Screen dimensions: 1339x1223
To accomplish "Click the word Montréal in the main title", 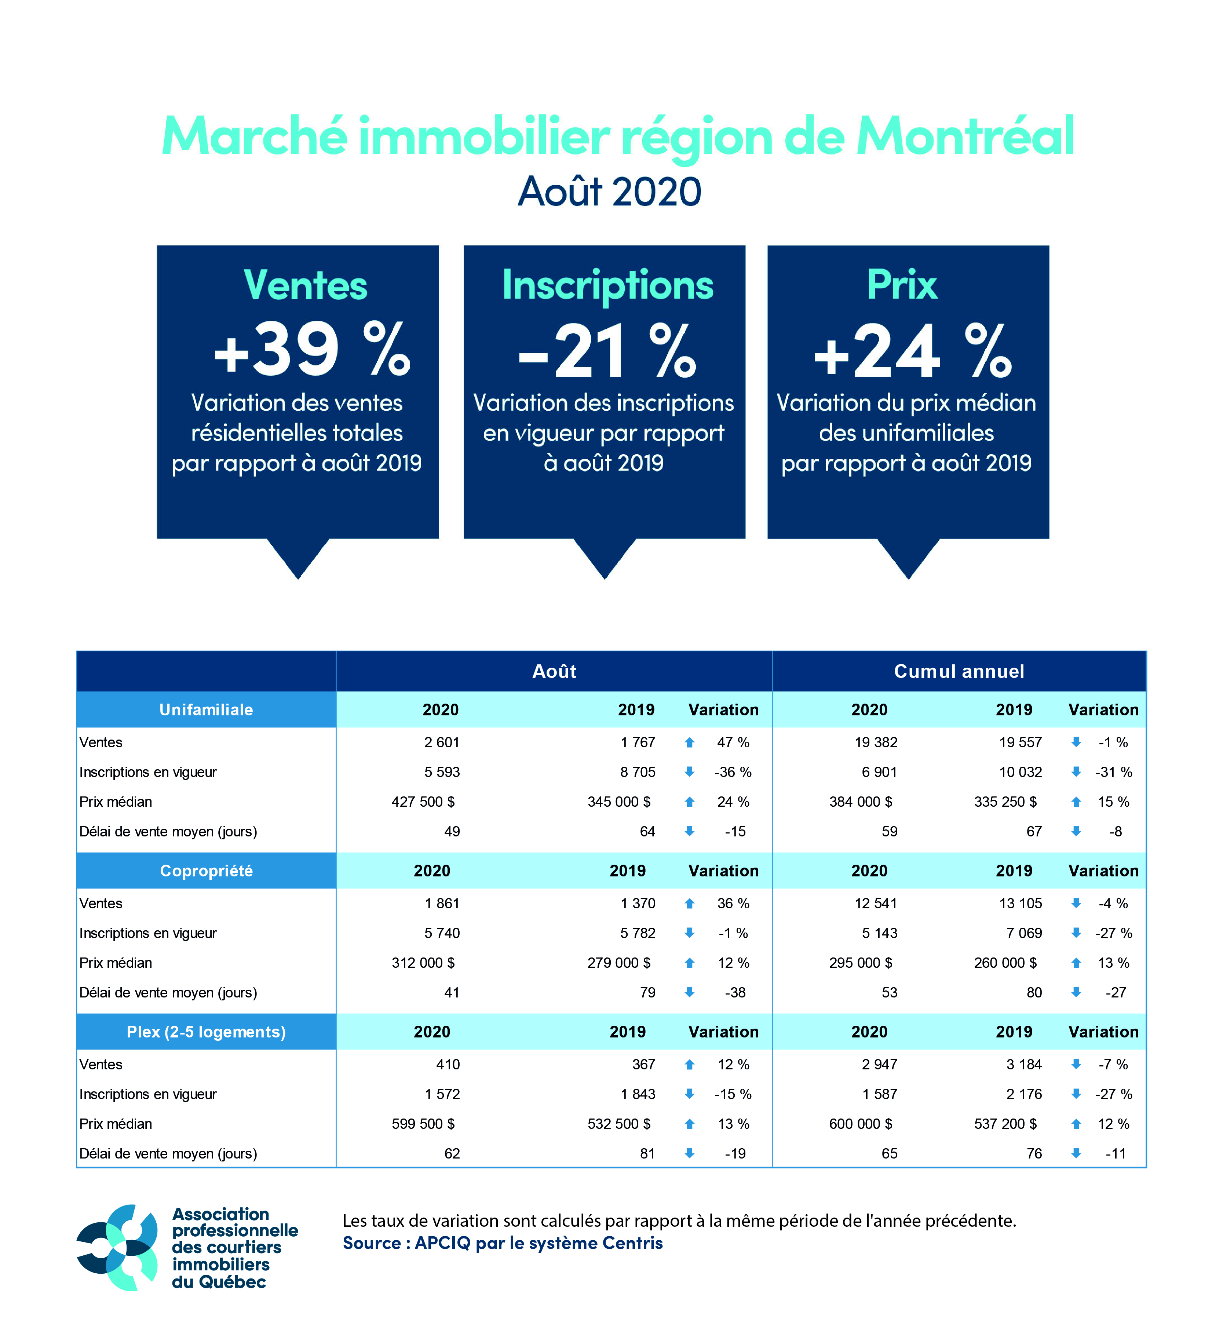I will [x=965, y=137].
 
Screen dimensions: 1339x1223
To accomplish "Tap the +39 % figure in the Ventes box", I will [x=311, y=350].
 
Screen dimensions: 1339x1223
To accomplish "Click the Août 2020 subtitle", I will [x=609, y=192].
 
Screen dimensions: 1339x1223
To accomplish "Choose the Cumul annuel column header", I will [x=959, y=671].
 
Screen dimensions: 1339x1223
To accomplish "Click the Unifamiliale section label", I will [x=206, y=710].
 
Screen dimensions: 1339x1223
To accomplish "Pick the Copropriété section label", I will [x=206, y=871].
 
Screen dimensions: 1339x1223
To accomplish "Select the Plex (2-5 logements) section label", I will [x=206, y=1032].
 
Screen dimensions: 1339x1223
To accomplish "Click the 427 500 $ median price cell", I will [x=423, y=802].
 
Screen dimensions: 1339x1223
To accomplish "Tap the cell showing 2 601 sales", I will [x=442, y=743].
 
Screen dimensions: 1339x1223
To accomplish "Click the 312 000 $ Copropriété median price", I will [x=423, y=962].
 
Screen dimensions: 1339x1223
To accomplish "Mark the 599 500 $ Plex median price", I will [x=423, y=1124].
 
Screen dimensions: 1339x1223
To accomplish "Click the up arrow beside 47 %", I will [x=690, y=743].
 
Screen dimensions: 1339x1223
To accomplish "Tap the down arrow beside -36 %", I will [x=690, y=772].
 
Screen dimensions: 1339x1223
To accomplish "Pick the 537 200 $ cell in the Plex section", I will [x=1005, y=1124].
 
